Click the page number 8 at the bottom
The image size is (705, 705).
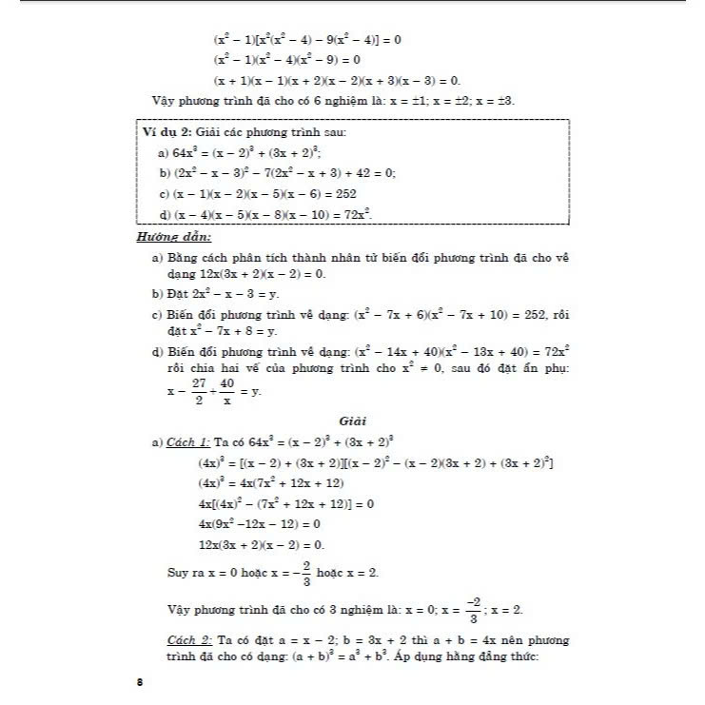coord(140,681)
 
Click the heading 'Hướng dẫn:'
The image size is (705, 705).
coord(174,237)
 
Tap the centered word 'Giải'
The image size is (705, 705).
coord(352,421)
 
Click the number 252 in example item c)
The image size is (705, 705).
coord(342,193)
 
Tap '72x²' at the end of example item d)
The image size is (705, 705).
coord(354,214)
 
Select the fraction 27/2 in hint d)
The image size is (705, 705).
coord(198,391)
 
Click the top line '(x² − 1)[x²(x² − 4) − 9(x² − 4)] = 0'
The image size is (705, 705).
coord(307,41)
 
